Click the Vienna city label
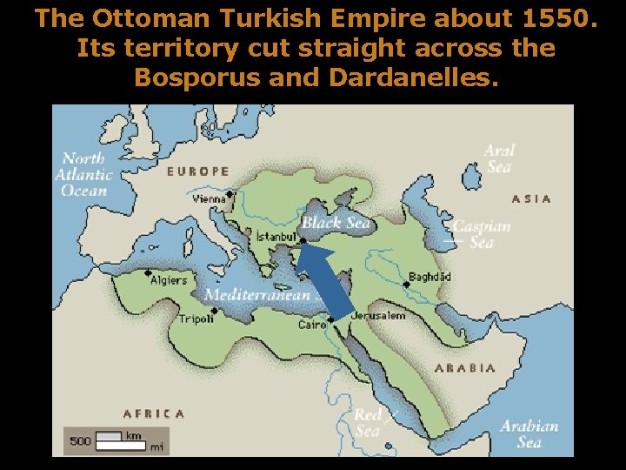point(209,199)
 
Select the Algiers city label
point(169,280)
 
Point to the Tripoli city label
point(196,319)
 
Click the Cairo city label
point(311,325)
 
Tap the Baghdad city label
point(430,277)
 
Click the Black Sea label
point(336,223)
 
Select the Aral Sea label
point(499,158)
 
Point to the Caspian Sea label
point(482,234)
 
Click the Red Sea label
point(368,423)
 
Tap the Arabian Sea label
point(529,433)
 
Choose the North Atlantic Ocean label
point(83,174)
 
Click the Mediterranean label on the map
point(256,295)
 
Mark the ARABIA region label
point(464,368)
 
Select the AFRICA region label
point(153,414)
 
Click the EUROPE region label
point(198,171)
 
